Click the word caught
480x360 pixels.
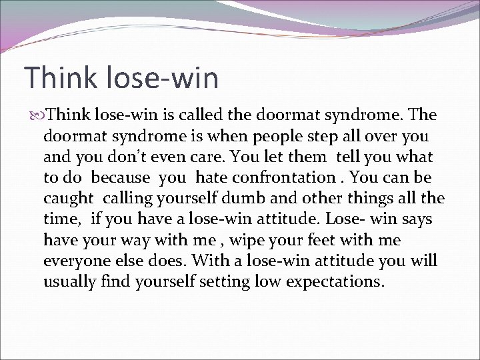[69, 199]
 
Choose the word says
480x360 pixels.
[417, 219]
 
